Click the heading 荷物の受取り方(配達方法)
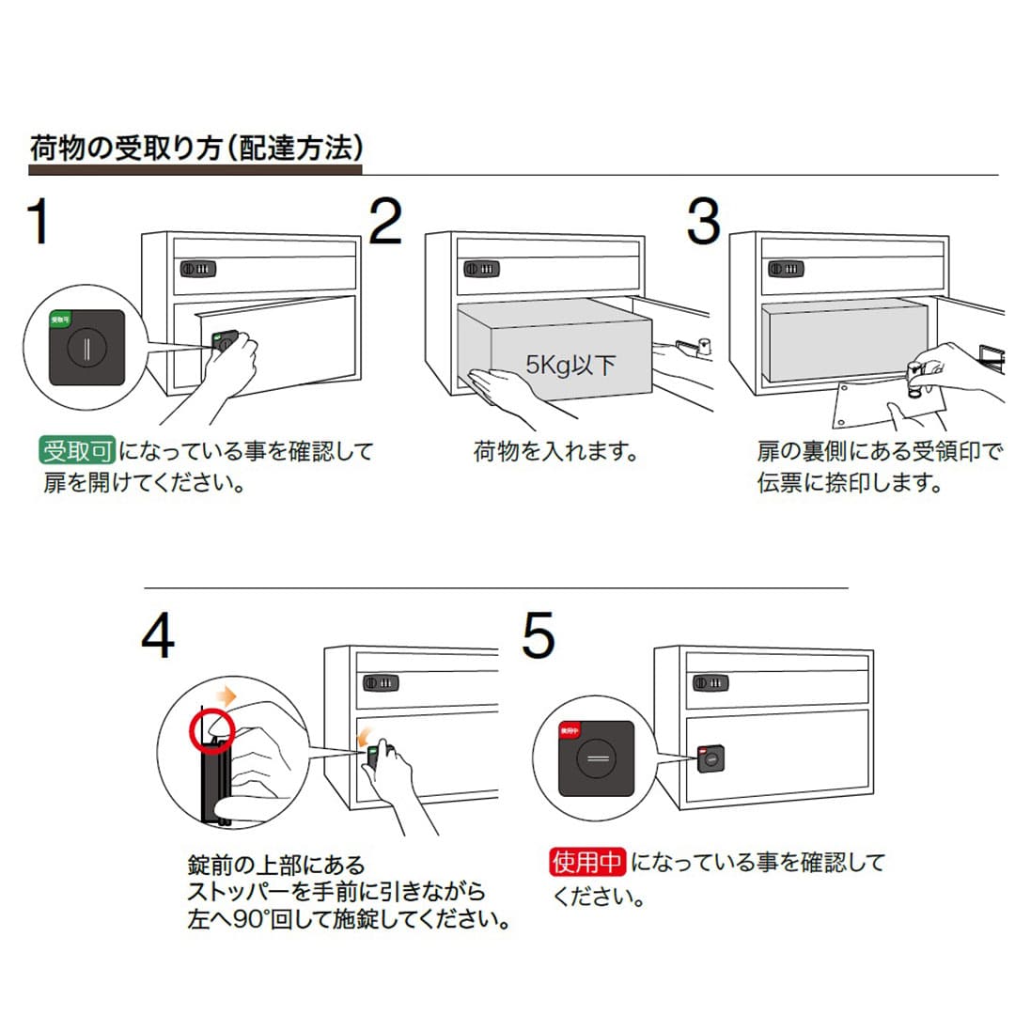click(195, 148)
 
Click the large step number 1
click(39, 222)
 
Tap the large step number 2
click(385, 222)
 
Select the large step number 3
click(703, 222)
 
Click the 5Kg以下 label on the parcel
click(570, 364)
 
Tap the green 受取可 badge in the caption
click(76, 452)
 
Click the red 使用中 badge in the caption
click(587, 862)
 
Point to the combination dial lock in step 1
click(198, 269)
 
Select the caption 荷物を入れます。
click(555, 452)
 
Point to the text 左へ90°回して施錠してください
click(348, 918)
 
